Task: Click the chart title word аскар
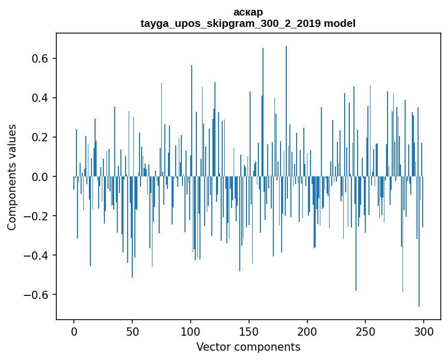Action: pyautogui.click(x=248, y=12)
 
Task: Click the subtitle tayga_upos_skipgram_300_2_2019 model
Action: pyautogui.click(x=248, y=23)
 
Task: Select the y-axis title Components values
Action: pyautogui.click(x=12, y=177)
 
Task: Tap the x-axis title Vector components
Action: pyautogui.click(x=248, y=347)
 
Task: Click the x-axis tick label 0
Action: pyautogui.click(x=74, y=331)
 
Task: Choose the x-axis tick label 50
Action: pyautogui.click(x=132, y=331)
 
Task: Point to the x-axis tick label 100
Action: pyautogui.click(x=191, y=331)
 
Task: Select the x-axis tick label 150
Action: pyautogui.click(x=249, y=331)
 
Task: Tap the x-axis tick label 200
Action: pyautogui.click(x=307, y=331)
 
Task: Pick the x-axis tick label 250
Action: pyautogui.click(x=365, y=331)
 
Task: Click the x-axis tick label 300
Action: pyautogui.click(x=424, y=331)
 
